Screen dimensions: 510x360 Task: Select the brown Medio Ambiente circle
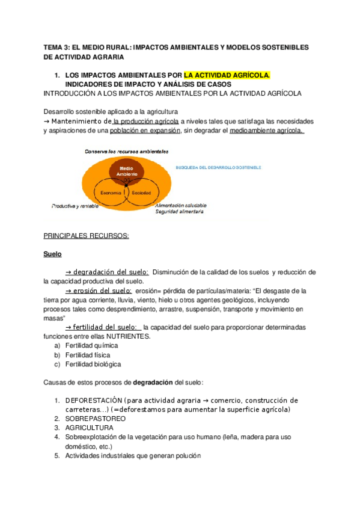(x=126, y=171)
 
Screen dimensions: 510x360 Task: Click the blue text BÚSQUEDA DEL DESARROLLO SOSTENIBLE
(x=218, y=167)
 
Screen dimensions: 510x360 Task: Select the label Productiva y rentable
(x=75, y=206)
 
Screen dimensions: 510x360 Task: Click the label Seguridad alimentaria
(x=180, y=212)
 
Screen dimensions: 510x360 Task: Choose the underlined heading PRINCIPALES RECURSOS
(x=87, y=236)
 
